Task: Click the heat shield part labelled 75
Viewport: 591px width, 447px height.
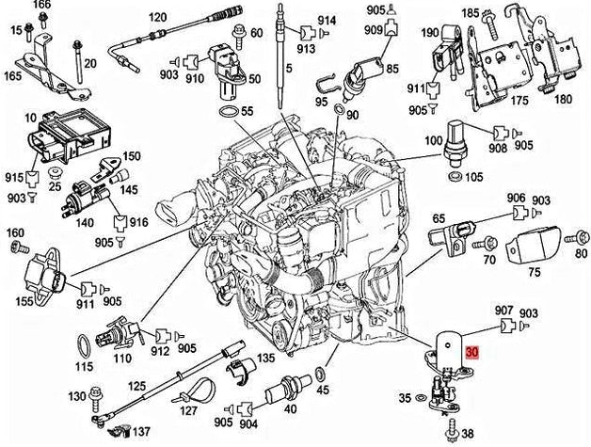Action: click(533, 248)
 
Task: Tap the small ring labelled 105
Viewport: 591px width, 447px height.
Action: click(455, 175)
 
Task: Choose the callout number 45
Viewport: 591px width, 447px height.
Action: click(322, 390)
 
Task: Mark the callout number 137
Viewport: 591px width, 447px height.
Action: click(139, 433)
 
